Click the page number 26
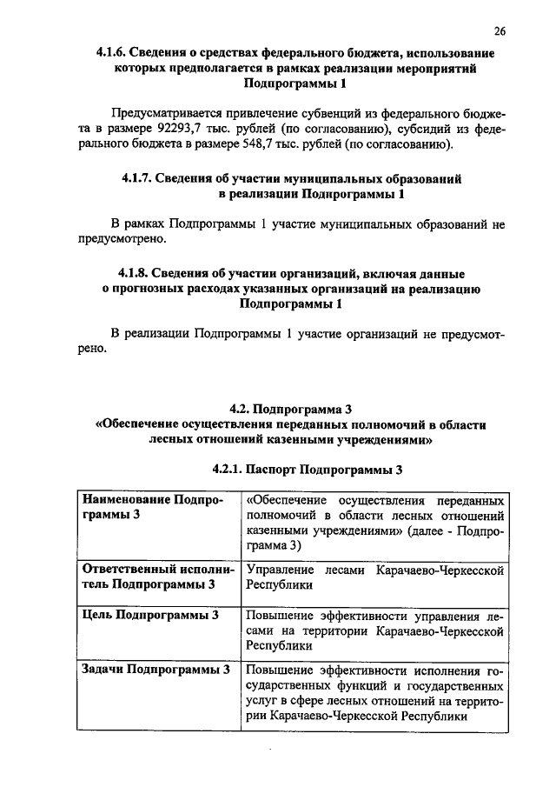click(500, 31)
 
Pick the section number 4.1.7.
click(140, 179)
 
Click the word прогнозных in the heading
click(149, 289)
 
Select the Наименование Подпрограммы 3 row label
click(152, 509)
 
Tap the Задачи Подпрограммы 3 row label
click(155, 670)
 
